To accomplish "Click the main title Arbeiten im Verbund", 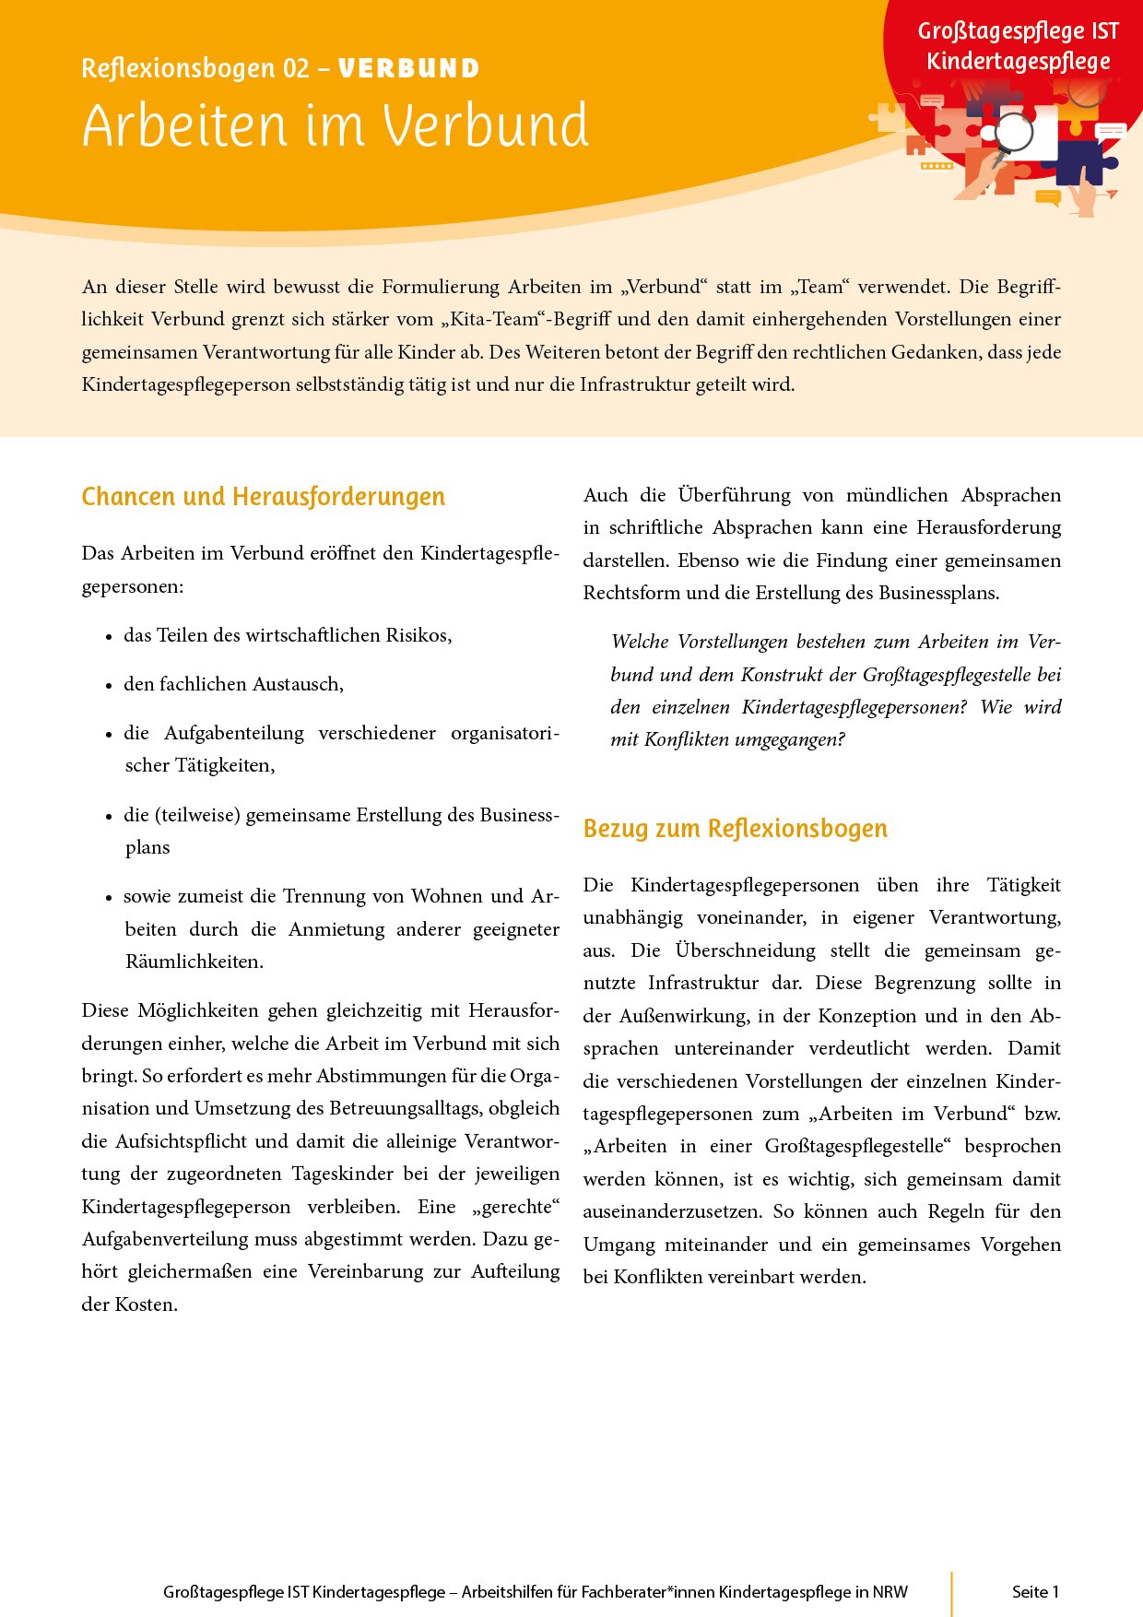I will coord(335,125).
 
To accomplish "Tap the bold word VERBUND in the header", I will coord(408,69).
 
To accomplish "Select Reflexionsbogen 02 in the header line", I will coord(195,69).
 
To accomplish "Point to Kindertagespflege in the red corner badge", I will coord(1018,62).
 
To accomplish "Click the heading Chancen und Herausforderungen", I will coord(263,497).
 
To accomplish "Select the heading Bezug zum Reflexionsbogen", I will coord(735,829).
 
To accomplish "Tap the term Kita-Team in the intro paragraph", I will coord(493,320).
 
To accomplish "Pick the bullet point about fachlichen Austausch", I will coord(233,684).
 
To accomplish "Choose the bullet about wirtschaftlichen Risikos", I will coord(288,635).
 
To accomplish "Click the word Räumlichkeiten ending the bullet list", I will coord(194,962).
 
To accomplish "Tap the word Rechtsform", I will coord(632,593).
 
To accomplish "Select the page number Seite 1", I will coord(1035,1592).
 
